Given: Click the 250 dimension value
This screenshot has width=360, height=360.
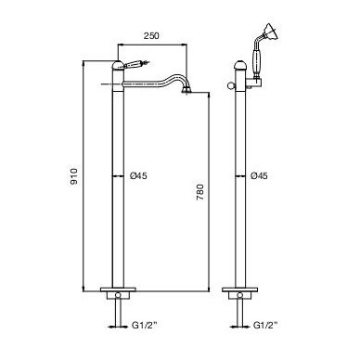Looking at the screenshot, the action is tap(151, 35).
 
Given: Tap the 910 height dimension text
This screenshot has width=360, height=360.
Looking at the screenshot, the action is tap(74, 176).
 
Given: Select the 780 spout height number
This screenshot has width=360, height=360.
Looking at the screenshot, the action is tap(200, 192).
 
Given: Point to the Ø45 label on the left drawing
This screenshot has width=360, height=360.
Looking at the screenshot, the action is tap(138, 176).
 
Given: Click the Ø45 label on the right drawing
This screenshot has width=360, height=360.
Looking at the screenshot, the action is tap(259, 176).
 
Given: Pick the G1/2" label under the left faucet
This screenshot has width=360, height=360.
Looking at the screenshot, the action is tap(145, 325).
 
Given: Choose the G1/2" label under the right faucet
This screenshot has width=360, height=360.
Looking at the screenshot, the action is tap(265, 325).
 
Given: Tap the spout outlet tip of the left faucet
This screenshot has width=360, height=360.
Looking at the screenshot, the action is tap(186, 91).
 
